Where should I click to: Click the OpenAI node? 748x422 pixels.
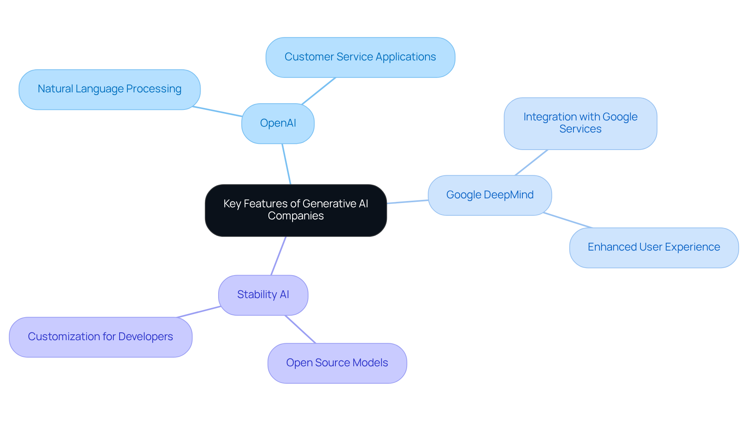[278, 124]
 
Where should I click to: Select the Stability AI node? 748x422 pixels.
[263, 295]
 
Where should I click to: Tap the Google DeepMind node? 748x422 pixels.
[490, 195]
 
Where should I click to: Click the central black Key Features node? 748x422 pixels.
[296, 210]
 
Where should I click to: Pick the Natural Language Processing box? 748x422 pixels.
[109, 89]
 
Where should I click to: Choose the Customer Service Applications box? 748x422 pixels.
[360, 57]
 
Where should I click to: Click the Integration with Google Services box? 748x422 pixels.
[580, 123]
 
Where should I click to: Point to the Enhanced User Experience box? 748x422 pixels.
[654, 247]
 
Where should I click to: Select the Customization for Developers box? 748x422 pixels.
[101, 337]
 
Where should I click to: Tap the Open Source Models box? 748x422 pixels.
[337, 363]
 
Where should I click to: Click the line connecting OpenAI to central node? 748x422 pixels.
[286, 164]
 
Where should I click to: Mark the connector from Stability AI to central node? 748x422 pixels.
[279, 256]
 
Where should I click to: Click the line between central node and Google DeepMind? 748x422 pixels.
[408, 202]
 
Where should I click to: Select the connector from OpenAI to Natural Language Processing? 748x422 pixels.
[217, 111]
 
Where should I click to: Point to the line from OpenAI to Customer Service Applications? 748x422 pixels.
[319, 90]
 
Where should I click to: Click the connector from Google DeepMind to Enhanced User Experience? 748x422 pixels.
[568, 220]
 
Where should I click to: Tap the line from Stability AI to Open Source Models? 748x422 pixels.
[300, 329]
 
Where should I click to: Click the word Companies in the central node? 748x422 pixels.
[296, 216]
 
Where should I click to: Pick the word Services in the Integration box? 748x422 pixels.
[580, 129]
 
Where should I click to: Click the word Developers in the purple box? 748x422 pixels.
[145, 337]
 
